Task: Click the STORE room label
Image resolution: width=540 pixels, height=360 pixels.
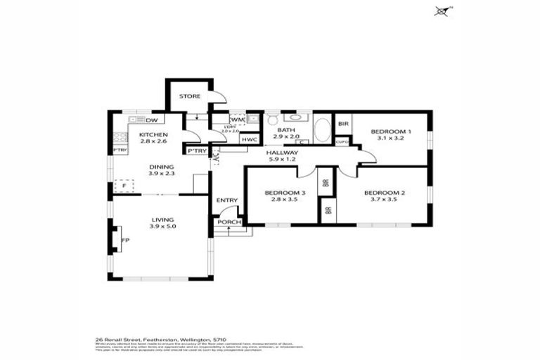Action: [x=189, y=96]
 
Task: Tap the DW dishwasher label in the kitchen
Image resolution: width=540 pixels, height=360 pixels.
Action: [x=151, y=120]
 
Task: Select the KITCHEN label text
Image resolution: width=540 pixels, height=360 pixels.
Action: [x=153, y=134]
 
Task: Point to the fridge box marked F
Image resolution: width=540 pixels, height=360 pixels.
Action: [x=125, y=186]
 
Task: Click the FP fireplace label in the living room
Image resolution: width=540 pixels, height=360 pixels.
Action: [x=125, y=240]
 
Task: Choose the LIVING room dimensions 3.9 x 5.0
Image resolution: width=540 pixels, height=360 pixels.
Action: [x=162, y=226]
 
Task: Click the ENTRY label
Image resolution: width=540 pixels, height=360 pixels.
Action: [x=227, y=200]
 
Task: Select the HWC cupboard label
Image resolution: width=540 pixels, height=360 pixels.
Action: [x=248, y=139]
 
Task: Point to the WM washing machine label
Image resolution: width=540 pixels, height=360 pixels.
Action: [x=237, y=120]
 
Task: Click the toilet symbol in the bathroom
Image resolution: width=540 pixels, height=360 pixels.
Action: [x=273, y=118]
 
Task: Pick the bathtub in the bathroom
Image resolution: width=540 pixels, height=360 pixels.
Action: [x=322, y=131]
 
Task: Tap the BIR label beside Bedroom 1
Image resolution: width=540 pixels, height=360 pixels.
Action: [x=343, y=124]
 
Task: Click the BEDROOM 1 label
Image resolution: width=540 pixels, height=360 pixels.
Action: [x=390, y=131]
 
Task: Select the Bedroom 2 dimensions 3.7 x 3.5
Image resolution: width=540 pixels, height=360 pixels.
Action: [x=384, y=200]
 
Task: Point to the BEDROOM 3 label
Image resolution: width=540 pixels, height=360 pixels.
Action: [x=285, y=193]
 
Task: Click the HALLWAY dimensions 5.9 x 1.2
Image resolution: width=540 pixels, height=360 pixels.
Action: [x=283, y=160]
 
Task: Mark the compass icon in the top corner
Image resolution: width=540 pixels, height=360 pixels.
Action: [x=442, y=11]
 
